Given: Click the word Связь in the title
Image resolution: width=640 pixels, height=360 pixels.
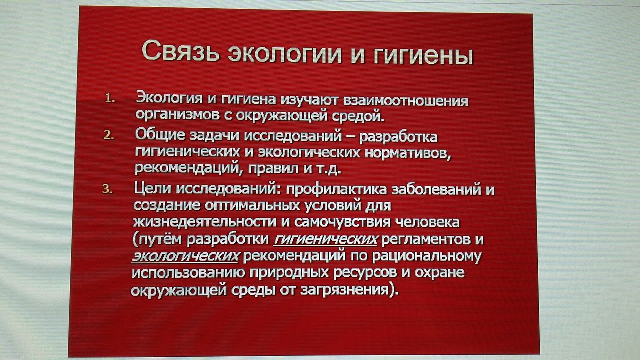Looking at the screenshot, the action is pyautogui.click(x=180, y=51).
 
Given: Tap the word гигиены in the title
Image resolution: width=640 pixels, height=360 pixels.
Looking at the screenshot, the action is pyautogui.click(x=423, y=56).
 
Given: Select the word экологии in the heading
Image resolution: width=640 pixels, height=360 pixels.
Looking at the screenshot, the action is pyautogui.click(x=284, y=54).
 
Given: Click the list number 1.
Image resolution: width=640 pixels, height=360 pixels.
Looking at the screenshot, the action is pyautogui.click(x=110, y=98).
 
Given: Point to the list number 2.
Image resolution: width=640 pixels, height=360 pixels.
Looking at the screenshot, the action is pyautogui.click(x=109, y=135).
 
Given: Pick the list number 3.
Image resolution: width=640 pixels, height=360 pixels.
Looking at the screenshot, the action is pyautogui.click(x=107, y=189).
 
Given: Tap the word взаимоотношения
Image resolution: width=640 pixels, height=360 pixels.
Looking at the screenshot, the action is pyautogui.click(x=405, y=101).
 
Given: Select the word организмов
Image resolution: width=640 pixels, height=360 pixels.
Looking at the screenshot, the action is pyautogui.click(x=177, y=115).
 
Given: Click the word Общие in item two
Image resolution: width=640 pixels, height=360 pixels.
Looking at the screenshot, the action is pyautogui.click(x=160, y=134).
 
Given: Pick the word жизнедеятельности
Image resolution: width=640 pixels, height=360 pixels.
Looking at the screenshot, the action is pyautogui.click(x=205, y=222).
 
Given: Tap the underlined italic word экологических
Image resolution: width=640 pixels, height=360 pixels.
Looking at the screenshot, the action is pyautogui.click(x=185, y=256).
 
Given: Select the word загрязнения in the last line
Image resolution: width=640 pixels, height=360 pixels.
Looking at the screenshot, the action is pyautogui.click(x=345, y=290).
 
